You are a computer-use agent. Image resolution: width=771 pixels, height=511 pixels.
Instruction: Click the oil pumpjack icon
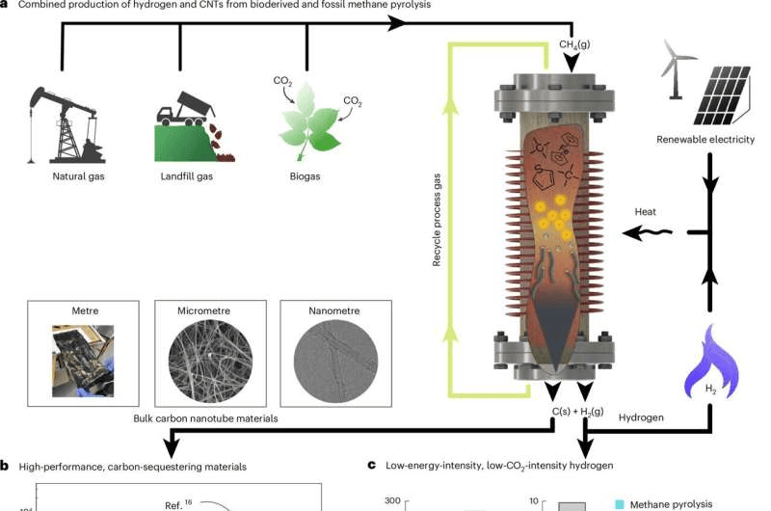point(63,121)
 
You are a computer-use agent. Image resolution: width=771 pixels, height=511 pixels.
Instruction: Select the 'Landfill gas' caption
point(185,177)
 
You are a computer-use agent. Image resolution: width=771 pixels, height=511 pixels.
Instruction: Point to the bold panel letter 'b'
point(6,466)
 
